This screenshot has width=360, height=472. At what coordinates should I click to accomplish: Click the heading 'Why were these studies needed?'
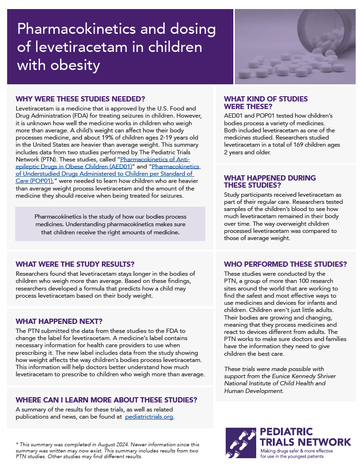(80, 99)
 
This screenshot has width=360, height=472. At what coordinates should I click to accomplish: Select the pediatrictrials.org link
(149, 417)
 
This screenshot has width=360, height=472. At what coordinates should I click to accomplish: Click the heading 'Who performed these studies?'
(285, 264)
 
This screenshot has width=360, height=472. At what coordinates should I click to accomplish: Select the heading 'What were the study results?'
(75, 264)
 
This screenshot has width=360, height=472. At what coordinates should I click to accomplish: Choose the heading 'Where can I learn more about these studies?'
(106, 400)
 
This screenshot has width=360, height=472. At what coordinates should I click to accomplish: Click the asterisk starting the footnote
(17, 444)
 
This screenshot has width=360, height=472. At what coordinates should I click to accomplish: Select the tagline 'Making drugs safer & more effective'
(296, 451)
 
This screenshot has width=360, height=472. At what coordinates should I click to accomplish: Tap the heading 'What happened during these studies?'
(270, 181)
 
